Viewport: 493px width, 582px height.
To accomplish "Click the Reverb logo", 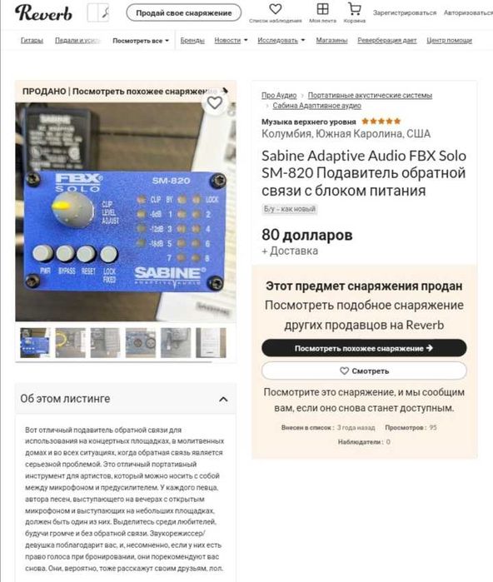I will coord(43,12).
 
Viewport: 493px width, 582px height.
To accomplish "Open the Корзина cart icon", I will coord(354,11).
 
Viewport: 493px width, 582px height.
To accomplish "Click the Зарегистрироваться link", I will coord(405,12).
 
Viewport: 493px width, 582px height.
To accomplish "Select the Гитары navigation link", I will coord(32,40).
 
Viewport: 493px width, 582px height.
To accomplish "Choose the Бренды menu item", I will coord(192,40).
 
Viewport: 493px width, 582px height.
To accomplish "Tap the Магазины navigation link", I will coord(331,40).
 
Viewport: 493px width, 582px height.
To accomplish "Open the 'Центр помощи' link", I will coord(449,40).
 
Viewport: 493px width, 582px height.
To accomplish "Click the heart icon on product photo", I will coord(215,103).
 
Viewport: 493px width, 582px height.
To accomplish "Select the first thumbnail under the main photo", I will coord(35,342).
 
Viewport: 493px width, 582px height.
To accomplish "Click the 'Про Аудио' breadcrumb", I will coord(279,96).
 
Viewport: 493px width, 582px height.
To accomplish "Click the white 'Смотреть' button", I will coord(364,371).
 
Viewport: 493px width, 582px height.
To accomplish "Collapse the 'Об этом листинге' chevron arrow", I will coord(223,399).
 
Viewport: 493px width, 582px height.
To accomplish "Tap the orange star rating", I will coord(381,121).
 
